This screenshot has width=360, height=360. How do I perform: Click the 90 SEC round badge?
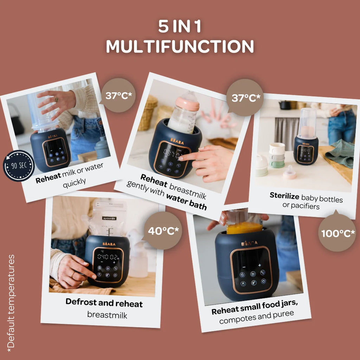coord(19,166)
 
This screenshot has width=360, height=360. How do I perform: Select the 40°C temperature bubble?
coord(163,231)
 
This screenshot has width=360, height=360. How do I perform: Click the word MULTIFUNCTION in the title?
coord(180,46)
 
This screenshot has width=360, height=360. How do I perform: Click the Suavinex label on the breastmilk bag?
coord(109,218)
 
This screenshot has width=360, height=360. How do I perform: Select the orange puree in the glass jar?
coord(244,227)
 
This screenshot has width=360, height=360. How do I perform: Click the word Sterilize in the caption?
coord(284,195)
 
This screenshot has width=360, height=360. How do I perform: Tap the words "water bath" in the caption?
coord(186,201)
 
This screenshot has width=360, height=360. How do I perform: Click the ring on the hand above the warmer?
coord(56,99)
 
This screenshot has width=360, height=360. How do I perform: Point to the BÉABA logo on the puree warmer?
coord(249,243)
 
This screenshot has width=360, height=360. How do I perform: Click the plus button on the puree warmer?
coord(259,265)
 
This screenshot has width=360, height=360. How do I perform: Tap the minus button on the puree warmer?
coord(244,267)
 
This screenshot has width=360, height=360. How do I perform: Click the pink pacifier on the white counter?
coord(290,173)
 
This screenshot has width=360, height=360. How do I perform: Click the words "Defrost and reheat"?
coord(104,303)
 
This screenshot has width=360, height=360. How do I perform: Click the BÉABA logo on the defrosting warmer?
coord(109,244)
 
